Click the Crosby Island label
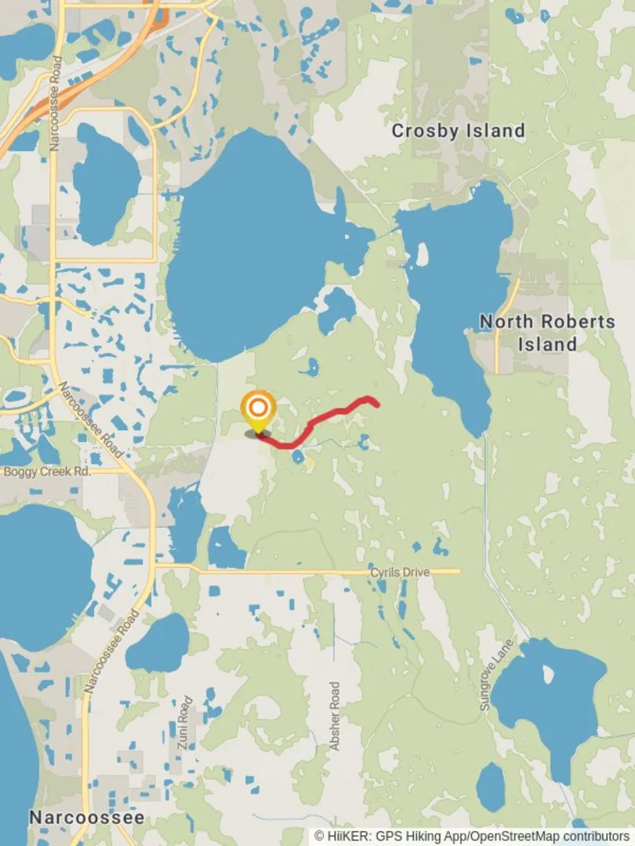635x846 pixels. (x=458, y=131)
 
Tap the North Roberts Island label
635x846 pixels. (x=546, y=332)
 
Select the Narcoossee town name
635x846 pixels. (x=86, y=817)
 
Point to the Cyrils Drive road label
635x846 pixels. (x=400, y=573)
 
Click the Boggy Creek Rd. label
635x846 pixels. (x=47, y=472)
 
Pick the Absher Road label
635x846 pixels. (x=335, y=716)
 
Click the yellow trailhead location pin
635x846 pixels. (x=258, y=410)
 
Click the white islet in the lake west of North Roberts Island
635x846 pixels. (x=423, y=255)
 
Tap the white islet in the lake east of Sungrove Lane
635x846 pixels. (x=548, y=674)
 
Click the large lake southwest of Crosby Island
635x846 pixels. (x=251, y=243)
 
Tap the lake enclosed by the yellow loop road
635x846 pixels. (x=106, y=184)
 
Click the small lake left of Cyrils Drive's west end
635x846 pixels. (x=226, y=548)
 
